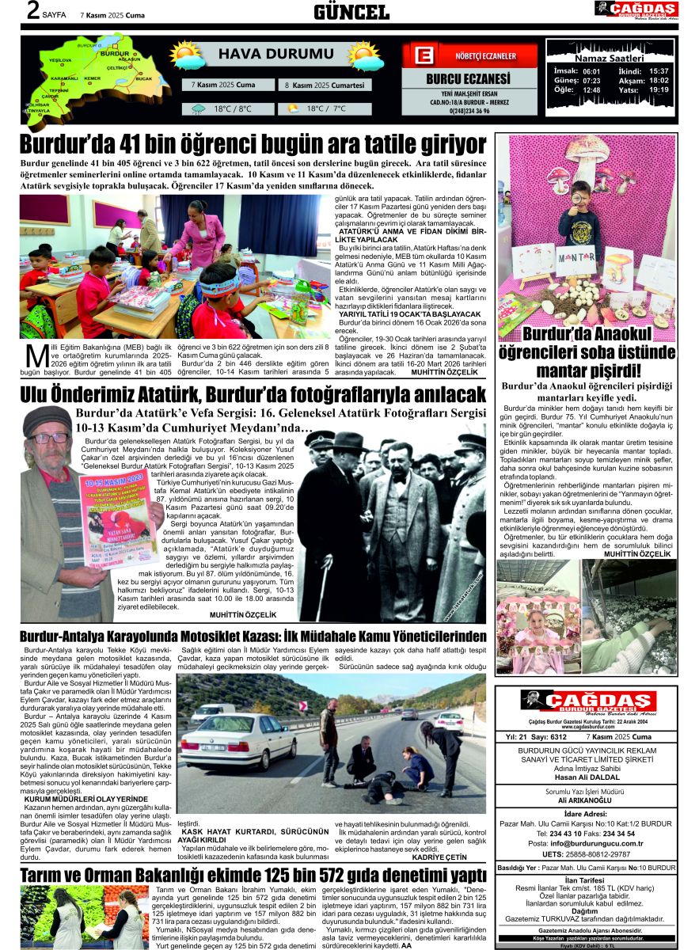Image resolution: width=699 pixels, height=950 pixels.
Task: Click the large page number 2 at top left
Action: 32,11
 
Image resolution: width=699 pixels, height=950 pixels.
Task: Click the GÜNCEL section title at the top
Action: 351,12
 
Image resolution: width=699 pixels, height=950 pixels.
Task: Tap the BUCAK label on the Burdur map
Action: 144,79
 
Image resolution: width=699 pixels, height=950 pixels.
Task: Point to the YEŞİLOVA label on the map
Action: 60,60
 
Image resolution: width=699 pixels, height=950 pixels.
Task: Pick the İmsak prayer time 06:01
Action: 591,71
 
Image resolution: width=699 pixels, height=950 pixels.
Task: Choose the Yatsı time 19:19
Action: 659,90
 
